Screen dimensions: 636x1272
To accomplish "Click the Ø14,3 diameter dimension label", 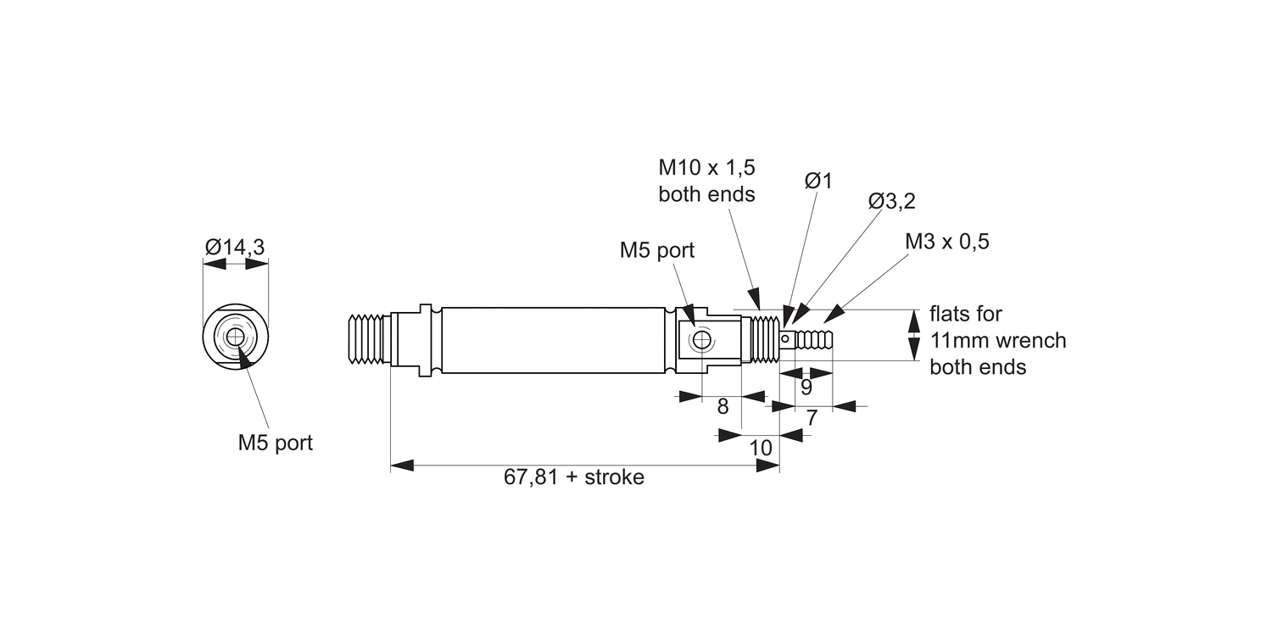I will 235,247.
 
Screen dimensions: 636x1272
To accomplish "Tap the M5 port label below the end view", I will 275,443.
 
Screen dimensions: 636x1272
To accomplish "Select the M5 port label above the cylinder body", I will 656,250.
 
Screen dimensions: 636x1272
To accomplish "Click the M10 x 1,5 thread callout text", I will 706,167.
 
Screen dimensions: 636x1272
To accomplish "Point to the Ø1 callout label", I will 818,181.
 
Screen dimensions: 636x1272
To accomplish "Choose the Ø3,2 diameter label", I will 891,201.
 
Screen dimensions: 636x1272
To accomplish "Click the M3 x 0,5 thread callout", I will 946,242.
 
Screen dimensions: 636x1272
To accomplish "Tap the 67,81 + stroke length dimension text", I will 573,477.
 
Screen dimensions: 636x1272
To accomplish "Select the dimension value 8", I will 722,406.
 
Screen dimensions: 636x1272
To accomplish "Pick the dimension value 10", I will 762,447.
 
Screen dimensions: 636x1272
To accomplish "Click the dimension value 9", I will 806,388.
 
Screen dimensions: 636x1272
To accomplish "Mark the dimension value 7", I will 812,417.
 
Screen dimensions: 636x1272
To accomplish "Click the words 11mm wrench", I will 997,341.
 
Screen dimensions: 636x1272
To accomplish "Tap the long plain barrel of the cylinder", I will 551,340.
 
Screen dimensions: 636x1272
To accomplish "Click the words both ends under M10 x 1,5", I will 706,194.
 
